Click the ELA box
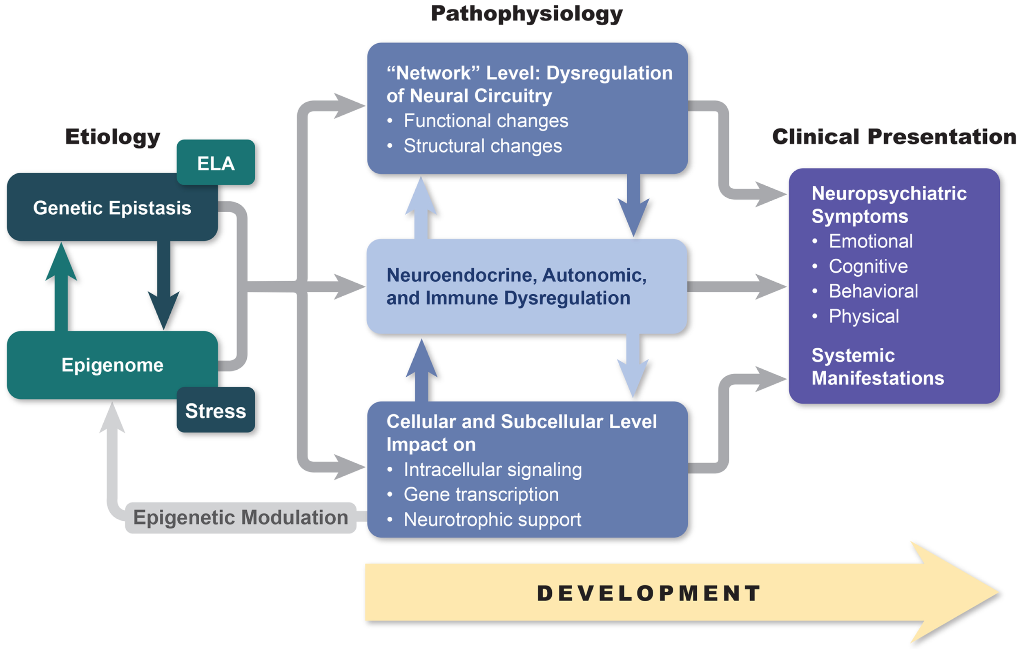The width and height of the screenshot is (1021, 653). point(216,163)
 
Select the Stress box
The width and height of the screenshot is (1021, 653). point(216,411)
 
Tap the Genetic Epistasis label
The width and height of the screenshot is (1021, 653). point(112,208)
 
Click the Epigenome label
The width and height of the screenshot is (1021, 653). point(112,365)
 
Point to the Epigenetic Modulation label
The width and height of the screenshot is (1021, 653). point(241,518)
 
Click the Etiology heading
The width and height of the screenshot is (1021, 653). point(112,137)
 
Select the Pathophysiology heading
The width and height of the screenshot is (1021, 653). point(526,13)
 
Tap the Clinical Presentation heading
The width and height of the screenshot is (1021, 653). point(893,137)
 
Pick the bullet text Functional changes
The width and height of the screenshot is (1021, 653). point(486,121)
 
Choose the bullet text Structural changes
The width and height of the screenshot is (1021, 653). point(482,146)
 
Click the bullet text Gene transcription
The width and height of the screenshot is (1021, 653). point(481,494)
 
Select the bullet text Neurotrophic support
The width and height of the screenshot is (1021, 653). point(492,520)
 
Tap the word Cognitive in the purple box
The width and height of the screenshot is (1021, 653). point(868,266)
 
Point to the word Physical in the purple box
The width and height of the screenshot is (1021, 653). point(864,316)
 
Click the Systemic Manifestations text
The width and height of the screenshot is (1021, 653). point(877,367)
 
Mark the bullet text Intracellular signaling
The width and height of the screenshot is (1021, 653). point(493,469)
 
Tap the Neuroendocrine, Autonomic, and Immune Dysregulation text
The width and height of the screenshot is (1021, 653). point(516,286)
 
